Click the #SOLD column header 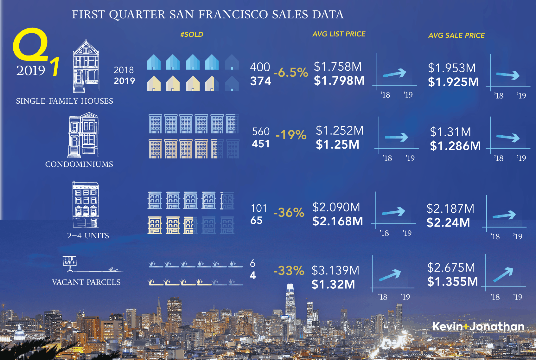tap(192, 35)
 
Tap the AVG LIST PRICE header tap(339, 34)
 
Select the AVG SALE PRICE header tap(456, 35)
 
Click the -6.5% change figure tap(291, 73)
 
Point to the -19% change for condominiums tap(291, 135)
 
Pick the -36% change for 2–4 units tap(289, 212)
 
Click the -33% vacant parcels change tap(289, 271)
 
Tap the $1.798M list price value tap(339, 81)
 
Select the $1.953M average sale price tap(452, 68)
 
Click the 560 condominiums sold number tap(261, 132)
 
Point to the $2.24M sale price tap(448, 222)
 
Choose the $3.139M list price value tap(335, 270)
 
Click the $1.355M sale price tap(452, 281)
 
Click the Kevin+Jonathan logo tap(478, 326)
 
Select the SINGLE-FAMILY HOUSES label tap(64, 101)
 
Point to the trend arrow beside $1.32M tap(390, 275)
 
